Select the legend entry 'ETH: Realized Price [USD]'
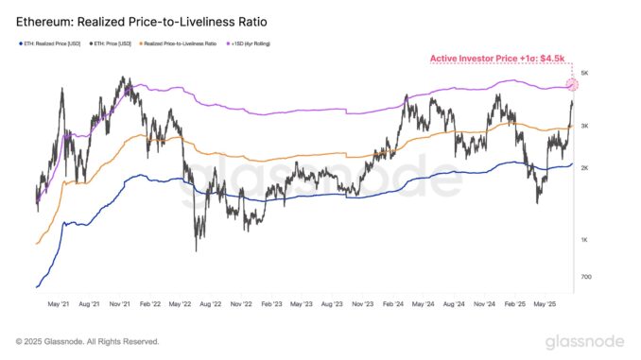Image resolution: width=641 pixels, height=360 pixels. click(x=53, y=43)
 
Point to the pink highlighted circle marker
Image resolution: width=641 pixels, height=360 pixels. click(x=571, y=85)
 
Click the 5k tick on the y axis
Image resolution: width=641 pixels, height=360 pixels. click(x=586, y=73)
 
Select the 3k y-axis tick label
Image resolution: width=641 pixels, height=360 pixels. click(x=586, y=126)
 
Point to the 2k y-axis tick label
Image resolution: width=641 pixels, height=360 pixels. click(x=586, y=168)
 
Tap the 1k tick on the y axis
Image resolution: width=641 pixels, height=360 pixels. click(x=586, y=240)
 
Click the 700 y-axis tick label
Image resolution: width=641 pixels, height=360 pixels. click(x=586, y=277)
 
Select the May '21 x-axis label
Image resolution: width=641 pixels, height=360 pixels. click(x=60, y=305)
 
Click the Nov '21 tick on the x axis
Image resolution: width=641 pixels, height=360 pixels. click(x=120, y=305)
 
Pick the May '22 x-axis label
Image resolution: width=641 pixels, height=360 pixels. click(x=181, y=305)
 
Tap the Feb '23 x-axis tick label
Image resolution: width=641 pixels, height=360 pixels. click(x=271, y=305)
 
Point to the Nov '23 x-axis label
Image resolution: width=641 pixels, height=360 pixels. click(x=362, y=305)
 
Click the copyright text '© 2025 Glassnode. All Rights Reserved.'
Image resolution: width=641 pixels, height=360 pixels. click(x=87, y=341)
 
